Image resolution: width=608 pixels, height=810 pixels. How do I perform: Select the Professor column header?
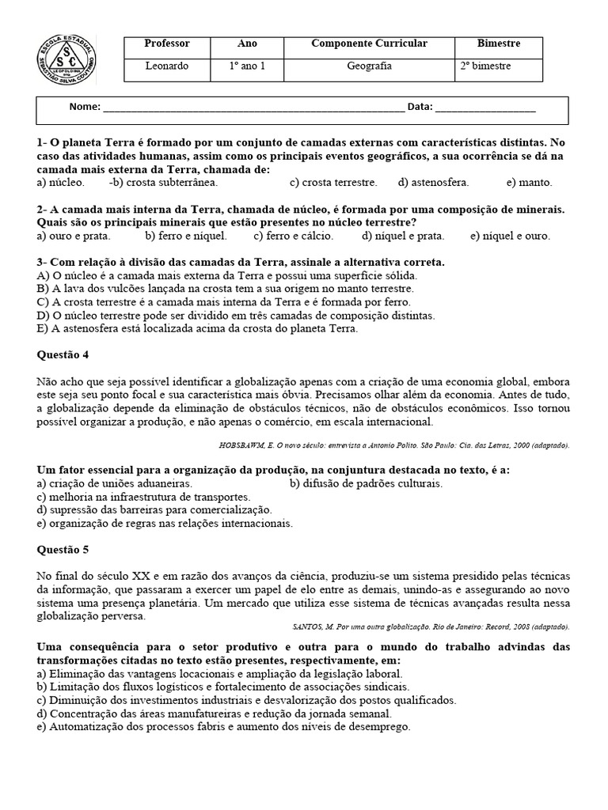point(167,44)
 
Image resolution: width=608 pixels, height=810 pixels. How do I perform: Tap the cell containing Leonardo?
point(167,66)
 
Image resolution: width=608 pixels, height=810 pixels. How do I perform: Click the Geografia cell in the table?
point(369,66)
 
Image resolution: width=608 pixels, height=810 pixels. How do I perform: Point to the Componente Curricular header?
point(369,44)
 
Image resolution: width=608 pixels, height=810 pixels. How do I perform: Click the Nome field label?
point(85,107)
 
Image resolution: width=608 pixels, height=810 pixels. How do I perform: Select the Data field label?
point(419,107)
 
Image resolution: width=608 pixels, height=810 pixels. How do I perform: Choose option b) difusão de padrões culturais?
point(366,483)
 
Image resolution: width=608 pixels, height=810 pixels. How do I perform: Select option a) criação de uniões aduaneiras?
point(115,483)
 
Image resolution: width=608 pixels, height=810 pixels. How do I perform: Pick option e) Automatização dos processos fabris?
point(223,726)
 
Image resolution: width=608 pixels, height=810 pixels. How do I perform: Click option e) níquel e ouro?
point(510,236)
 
